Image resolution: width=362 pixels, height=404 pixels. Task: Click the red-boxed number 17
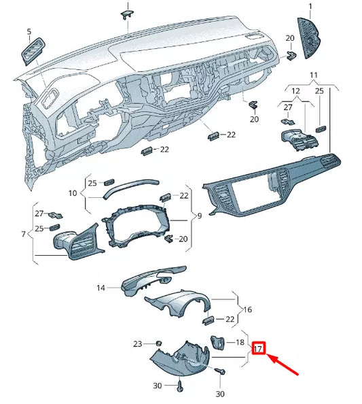point(258,349)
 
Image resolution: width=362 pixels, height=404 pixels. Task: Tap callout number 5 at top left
point(29,32)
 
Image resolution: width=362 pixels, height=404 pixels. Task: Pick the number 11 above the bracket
point(314,74)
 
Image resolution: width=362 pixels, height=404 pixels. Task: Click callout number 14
point(101,288)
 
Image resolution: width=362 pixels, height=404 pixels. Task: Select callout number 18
point(239,343)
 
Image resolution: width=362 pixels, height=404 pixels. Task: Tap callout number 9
point(198,216)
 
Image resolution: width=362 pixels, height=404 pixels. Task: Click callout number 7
point(23,234)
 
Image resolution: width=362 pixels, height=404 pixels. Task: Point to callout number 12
point(295,90)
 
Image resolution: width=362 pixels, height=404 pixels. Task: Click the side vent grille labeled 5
point(32,52)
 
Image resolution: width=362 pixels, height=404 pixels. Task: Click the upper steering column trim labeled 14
point(149,279)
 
